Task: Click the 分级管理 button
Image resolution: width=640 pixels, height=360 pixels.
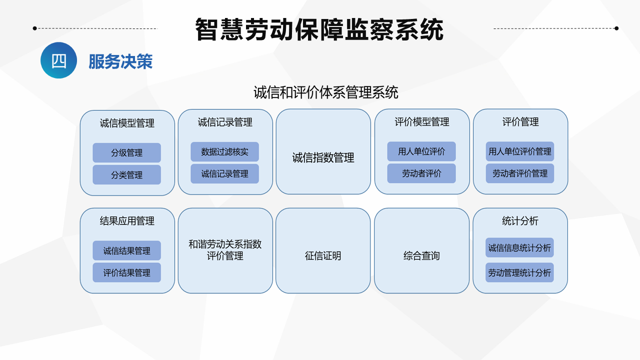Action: tap(126, 152)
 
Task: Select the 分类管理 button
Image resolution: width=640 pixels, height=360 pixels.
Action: tap(126, 174)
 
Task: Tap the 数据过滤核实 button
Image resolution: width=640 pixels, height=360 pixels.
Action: tap(224, 151)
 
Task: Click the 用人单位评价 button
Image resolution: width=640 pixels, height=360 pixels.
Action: tap(421, 151)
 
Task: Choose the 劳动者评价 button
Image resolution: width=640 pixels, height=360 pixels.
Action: tap(421, 173)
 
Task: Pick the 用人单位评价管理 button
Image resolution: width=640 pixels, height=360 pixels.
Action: tap(519, 151)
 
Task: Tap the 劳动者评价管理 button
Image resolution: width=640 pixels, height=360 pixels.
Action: tap(519, 173)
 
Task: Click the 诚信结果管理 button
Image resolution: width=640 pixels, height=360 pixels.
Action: tap(126, 250)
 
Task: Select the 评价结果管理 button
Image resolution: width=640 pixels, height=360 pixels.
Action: tap(126, 272)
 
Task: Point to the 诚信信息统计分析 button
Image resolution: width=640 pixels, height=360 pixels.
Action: tap(519, 247)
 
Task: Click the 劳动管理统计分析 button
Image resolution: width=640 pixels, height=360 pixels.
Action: tap(519, 272)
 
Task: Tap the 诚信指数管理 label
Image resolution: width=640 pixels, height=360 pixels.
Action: tap(323, 157)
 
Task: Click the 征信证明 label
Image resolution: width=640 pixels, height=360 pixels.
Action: tap(323, 255)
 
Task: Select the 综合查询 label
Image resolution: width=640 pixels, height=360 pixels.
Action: tap(421, 255)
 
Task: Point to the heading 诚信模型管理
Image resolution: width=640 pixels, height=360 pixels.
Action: tap(127, 123)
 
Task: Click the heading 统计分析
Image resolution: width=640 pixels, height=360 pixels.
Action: tap(520, 221)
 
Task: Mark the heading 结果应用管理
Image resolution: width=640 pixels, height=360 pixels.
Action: tap(127, 221)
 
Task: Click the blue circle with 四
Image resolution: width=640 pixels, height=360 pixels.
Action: tap(58, 60)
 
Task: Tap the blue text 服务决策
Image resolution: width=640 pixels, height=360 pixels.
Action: tap(120, 61)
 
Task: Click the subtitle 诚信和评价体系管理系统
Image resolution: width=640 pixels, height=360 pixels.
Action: tap(325, 92)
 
